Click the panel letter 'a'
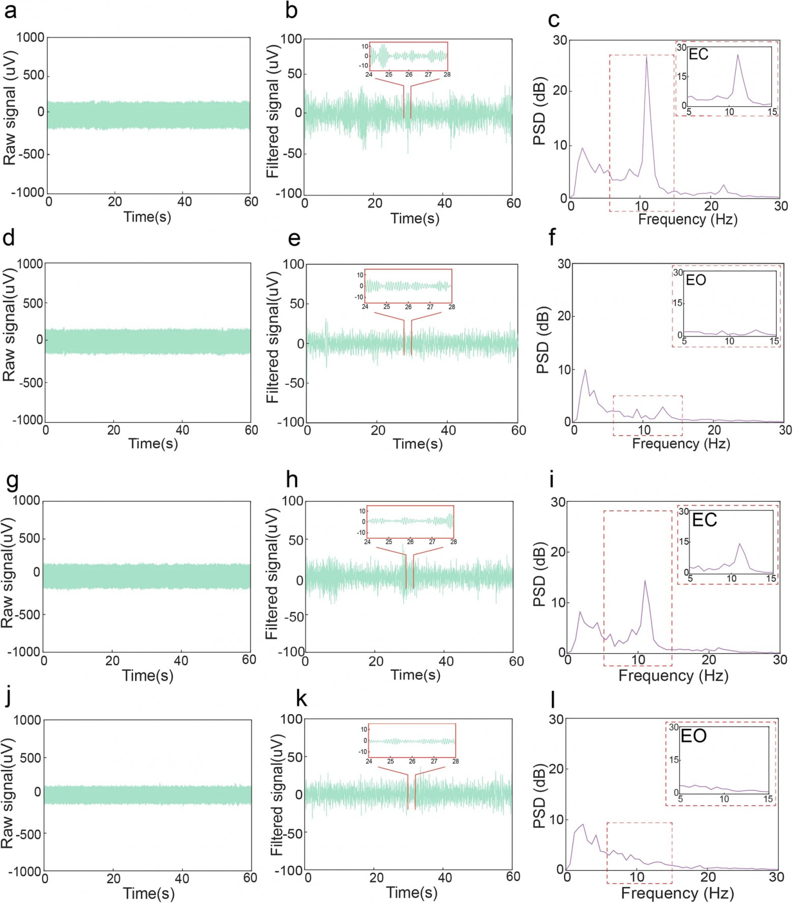(10, 11)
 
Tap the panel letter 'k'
(301, 699)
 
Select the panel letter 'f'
(553, 237)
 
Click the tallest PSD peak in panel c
(646, 57)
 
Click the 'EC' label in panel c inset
(698, 54)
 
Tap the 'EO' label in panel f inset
(696, 280)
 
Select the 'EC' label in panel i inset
(704, 520)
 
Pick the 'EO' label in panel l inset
(693, 736)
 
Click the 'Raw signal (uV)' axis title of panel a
(10, 108)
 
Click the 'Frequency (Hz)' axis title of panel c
(687, 219)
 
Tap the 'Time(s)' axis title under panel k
(412, 893)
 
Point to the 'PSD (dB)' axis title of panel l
(540, 796)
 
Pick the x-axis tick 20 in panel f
(714, 430)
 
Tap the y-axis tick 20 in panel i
(559, 552)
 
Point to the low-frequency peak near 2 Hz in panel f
(585, 370)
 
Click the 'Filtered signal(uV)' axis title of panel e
(273, 337)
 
